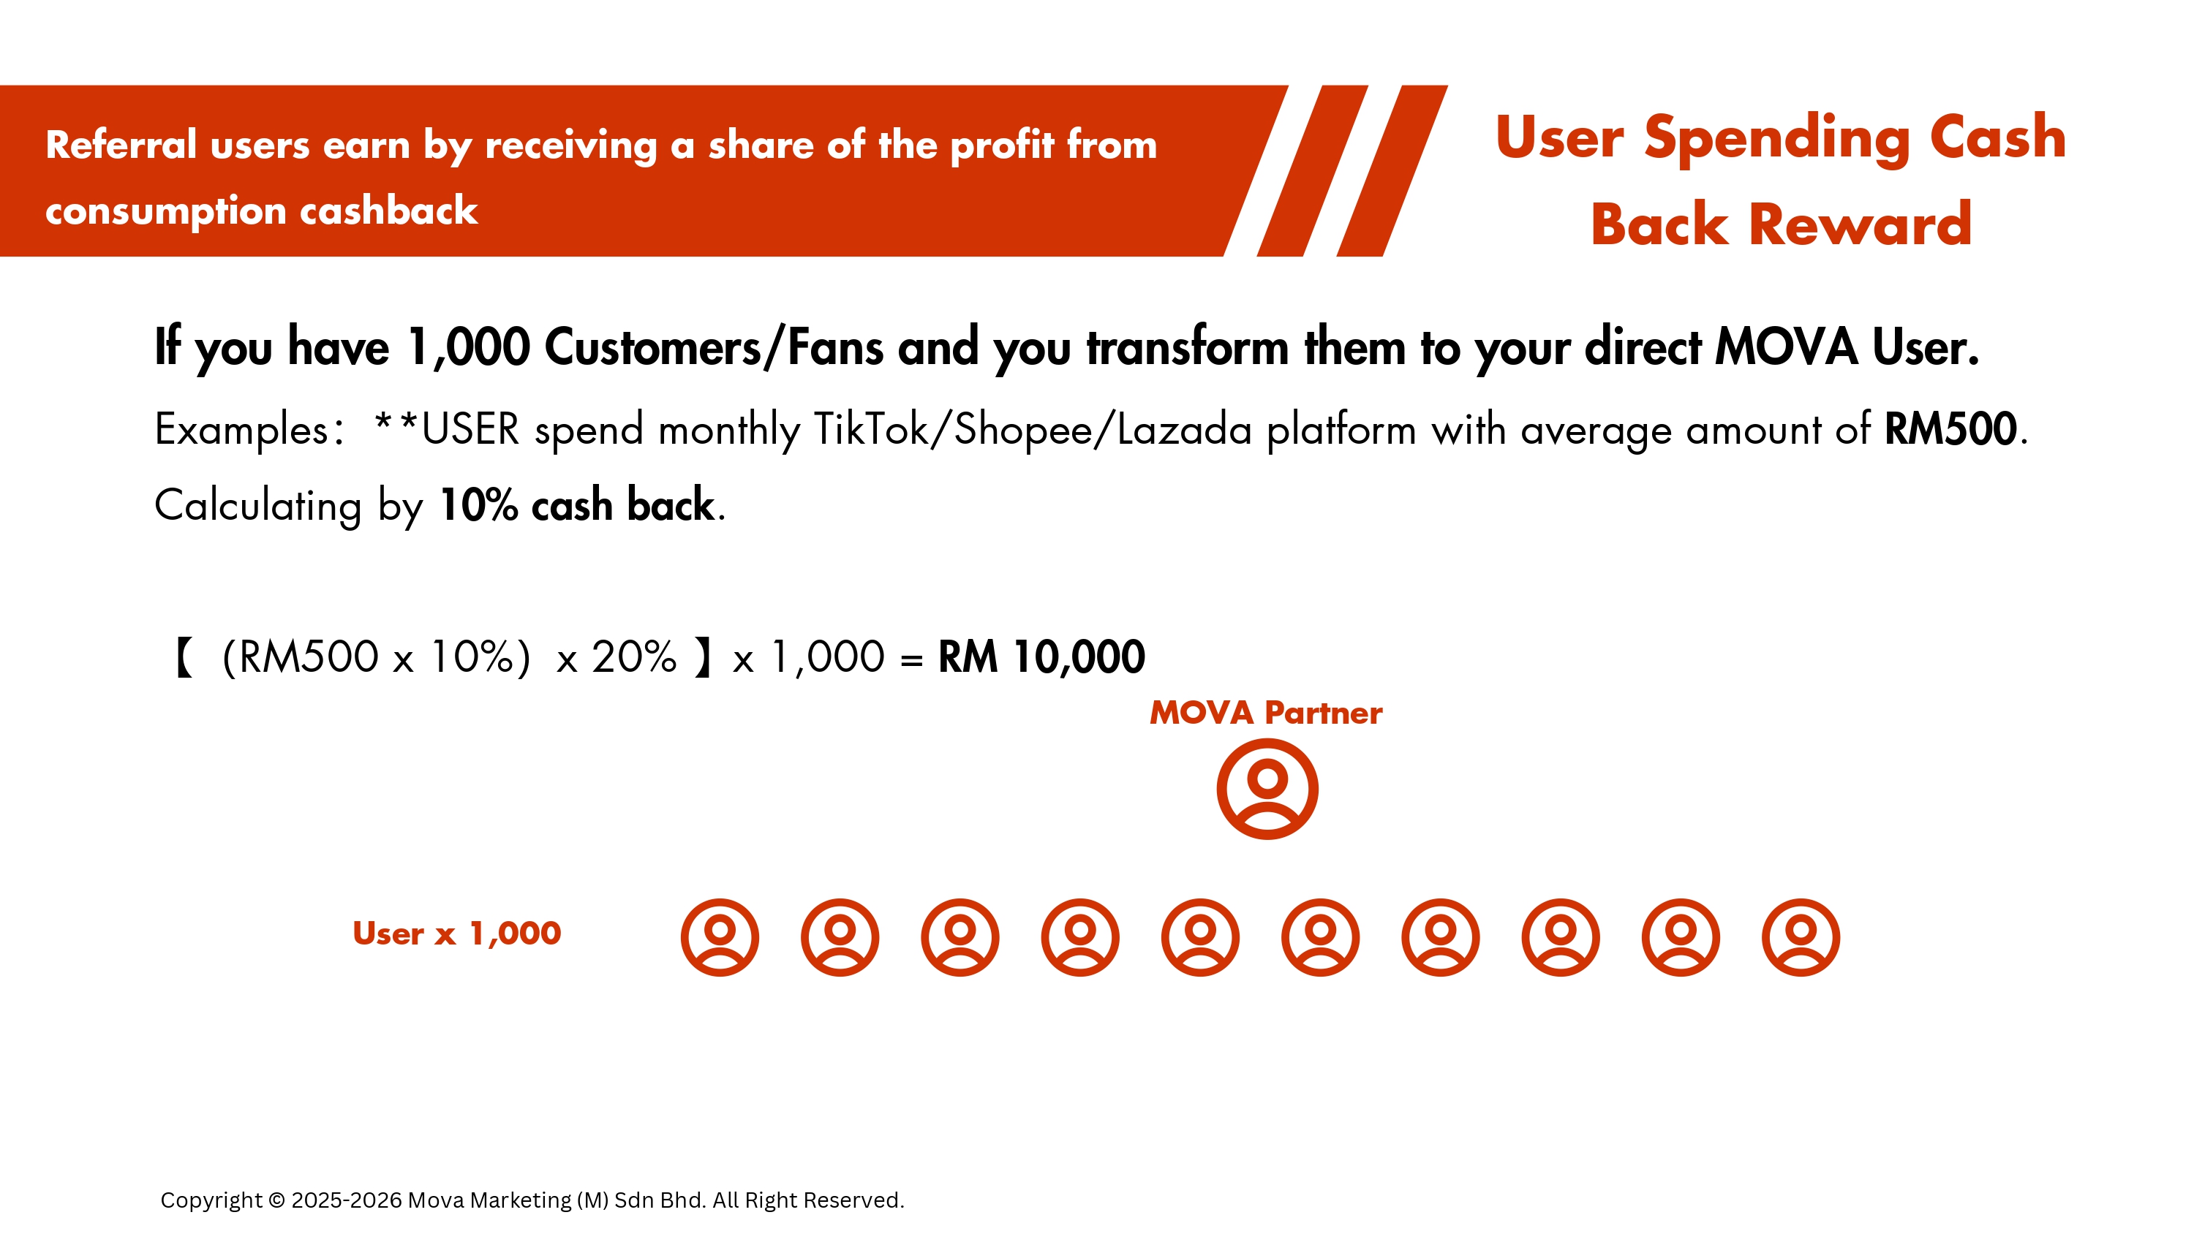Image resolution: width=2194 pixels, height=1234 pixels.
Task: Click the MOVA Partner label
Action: point(1266,713)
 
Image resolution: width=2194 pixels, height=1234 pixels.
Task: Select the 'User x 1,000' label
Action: point(456,934)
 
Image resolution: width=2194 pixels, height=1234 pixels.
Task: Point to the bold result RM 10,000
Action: point(1041,656)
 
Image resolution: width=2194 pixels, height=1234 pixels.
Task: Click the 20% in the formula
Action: point(633,656)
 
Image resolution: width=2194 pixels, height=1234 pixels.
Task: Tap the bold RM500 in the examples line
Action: point(1950,428)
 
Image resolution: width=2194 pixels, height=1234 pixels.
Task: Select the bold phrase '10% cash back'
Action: point(576,505)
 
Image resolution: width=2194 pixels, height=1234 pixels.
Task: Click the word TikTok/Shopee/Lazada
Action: point(1033,429)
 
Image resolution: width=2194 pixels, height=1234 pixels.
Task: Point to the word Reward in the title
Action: point(1859,225)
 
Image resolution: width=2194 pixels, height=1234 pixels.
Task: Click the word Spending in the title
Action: point(1776,139)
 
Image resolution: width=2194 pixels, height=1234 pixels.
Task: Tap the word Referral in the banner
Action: point(121,144)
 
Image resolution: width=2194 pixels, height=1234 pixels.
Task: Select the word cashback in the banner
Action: point(388,211)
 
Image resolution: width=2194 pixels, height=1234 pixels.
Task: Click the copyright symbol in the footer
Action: point(276,1200)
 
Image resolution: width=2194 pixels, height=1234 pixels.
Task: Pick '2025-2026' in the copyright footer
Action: point(347,1200)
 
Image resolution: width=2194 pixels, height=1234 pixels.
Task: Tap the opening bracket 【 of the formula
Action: point(184,657)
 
